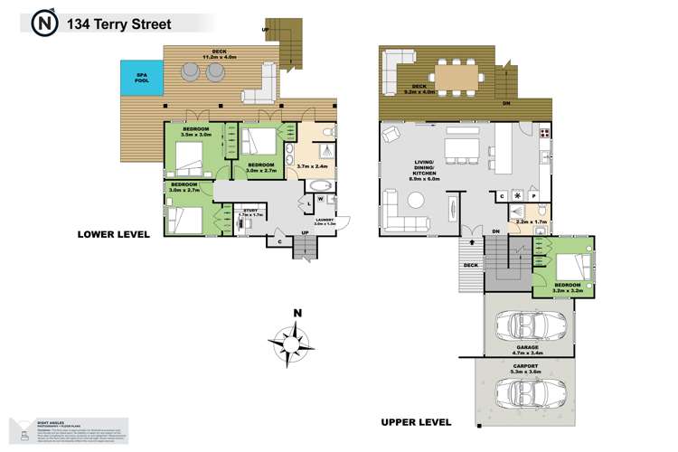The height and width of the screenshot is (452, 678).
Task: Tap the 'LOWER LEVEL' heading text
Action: click(x=113, y=234)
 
